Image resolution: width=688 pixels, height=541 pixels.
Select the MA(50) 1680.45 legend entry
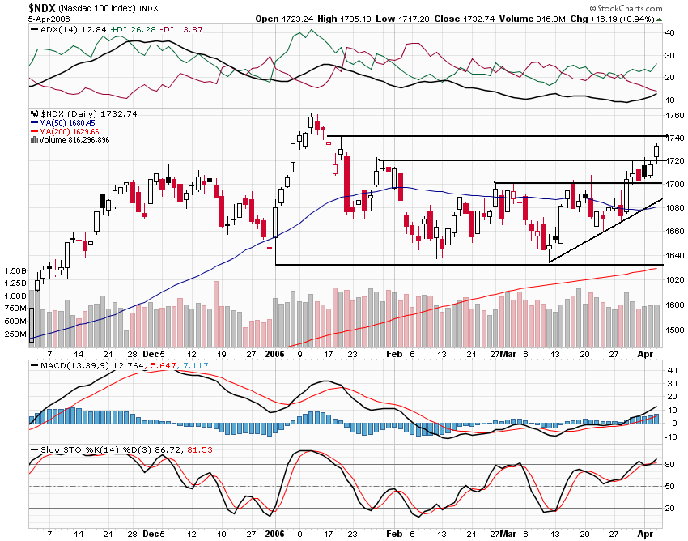tap(69, 122)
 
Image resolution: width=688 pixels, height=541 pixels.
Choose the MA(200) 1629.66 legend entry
tap(70, 131)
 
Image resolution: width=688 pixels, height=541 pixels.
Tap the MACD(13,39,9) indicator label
tap(69, 367)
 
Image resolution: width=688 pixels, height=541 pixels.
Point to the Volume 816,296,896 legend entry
tap(74, 140)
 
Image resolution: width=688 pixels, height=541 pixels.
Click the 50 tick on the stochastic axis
tap(670, 486)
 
